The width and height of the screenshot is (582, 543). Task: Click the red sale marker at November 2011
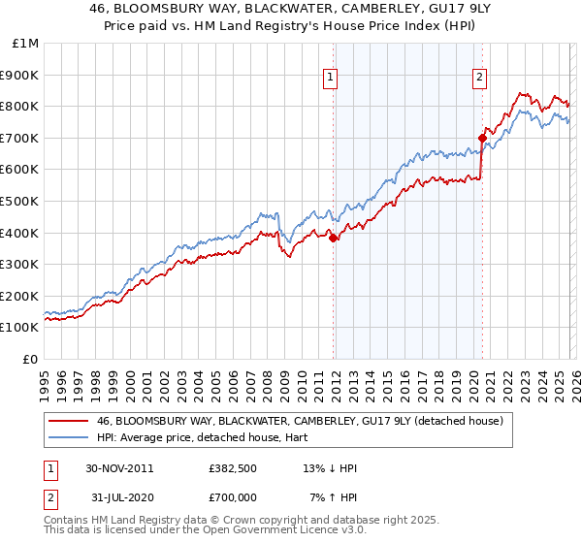(333, 238)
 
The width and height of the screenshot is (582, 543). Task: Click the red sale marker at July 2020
(482, 138)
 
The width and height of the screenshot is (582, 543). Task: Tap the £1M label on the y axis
(26, 44)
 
